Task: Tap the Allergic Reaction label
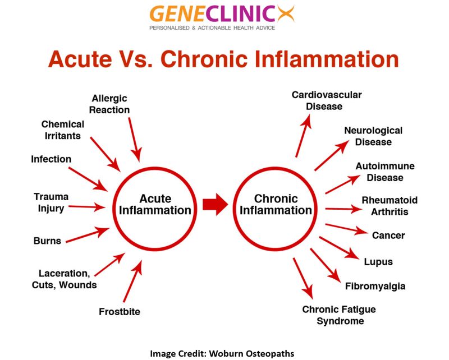(x=109, y=104)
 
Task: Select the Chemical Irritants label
(x=63, y=130)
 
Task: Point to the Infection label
(x=51, y=159)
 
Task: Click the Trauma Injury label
(x=51, y=202)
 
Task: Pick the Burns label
(x=47, y=241)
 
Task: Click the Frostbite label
(x=120, y=311)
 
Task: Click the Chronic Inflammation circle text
(x=276, y=205)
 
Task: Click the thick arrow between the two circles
(x=214, y=205)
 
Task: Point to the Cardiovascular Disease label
(x=327, y=100)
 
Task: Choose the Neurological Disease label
(x=373, y=136)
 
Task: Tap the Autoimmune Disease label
(x=385, y=172)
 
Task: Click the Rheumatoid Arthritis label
(x=390, y=206)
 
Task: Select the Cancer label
(x=388, y=236)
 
